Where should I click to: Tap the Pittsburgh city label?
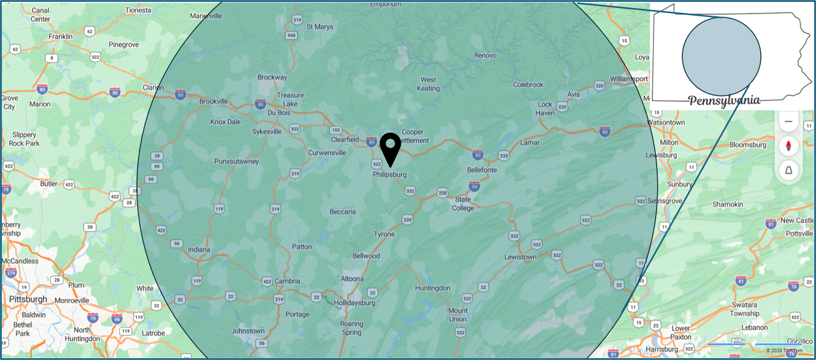pyautogui.click(x=28, y=299)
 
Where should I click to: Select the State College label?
pyautogui.click(x=463, y=204)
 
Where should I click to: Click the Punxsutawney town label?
pyautogui.click(x=236, y=161)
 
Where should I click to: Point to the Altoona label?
pyautogui.click(x=352, y=279)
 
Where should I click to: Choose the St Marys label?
pyautogui.click(x=320, y=27)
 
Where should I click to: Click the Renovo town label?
pyautogui.click(x=485, y=55)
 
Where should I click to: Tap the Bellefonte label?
pyautogui.click(x=482, y=170)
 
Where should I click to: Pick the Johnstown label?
pyautogui.click(x=248, y=331)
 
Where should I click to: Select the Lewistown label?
pyautogui.click(x=520, y=257)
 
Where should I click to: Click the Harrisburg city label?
pyautogui.click(x=662, y=349)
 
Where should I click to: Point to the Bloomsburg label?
pyautogui.click(x=748, y=145)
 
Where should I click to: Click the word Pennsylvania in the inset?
pyautogui.click(x=724, y=101)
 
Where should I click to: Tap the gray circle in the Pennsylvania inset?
pyautogui.click(x=721, y=56)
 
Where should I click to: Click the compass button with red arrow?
pyautogui.click(x=788, y=146)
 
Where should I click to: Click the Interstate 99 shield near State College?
pyautogui.click(x=474, y=186)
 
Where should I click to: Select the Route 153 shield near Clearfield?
pyautogui.click(x=336, y=130)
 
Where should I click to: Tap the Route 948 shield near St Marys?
pyautogui.click(x=291, y=35)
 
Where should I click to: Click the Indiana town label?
pyautogui.click(x=199, y=249)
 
